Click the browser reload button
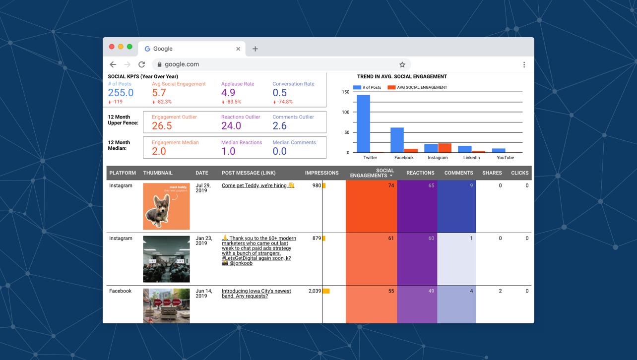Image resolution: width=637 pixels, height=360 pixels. (x=142, y=64)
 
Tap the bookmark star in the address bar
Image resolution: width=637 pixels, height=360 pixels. (x=402, y=64)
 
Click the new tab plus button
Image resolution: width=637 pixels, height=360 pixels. (x=255, y=49)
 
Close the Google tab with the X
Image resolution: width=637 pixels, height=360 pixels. (x=238, y=49)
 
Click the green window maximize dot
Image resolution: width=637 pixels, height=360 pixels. (x=129, y=47)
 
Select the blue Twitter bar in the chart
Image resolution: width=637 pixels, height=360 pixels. (x=363, y=123)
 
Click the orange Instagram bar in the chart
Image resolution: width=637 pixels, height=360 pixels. (x=445, y=148)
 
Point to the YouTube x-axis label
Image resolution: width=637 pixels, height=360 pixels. (x=505, y=158)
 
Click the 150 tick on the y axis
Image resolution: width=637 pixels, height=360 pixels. (x=345, y=92)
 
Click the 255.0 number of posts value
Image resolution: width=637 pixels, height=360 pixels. (x=121, y=93)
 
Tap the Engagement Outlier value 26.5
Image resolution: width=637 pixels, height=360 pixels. (x=162, y=126)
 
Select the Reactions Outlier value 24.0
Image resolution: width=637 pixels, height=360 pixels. (x=231, y=126)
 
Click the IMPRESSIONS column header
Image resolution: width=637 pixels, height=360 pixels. (x=321, y=173)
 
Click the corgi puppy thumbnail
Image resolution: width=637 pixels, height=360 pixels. (x=166, y=206)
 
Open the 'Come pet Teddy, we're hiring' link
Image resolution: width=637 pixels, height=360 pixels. (x=257, y=185)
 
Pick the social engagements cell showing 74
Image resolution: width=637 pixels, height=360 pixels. (x=371, y=206)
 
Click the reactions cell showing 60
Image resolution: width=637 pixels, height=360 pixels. (x=417, y=259)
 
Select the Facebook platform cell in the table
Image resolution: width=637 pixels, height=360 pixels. (x=120, y=291)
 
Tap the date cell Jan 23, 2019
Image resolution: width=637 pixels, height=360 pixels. (x=203, y=240)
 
